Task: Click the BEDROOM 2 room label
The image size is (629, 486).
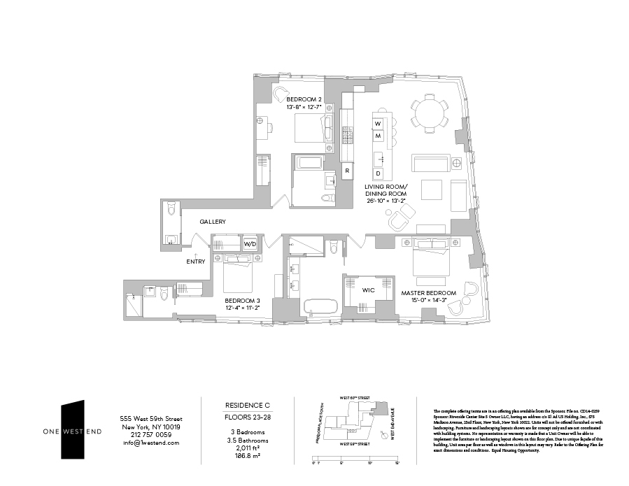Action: (x=304, y=99)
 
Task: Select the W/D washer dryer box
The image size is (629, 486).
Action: (x=250, y=245)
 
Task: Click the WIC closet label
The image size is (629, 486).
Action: (x=369, y=289)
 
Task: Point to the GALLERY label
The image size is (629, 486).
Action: (x=212, y=222)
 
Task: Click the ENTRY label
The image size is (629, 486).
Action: (x=195, y=262)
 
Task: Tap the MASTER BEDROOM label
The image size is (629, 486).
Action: (x=428, y=293)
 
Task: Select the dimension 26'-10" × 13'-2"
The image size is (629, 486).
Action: (x=385, y=201)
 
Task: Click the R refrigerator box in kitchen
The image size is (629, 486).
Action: (x=347, y=170)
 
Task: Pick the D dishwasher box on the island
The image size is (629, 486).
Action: (x=378, y=173)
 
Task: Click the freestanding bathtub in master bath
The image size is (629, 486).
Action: (x=320, y=306)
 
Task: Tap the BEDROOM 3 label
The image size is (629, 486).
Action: (x=241, y=299)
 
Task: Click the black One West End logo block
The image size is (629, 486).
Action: (x=72, y=429)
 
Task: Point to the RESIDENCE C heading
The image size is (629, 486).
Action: (x=247, y=406)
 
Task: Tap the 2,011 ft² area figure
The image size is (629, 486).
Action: (x=247, y=447)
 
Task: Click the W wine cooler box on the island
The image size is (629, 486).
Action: (x=378, y=124)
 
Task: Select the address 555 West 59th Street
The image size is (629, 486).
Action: (x=150, y=419)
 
